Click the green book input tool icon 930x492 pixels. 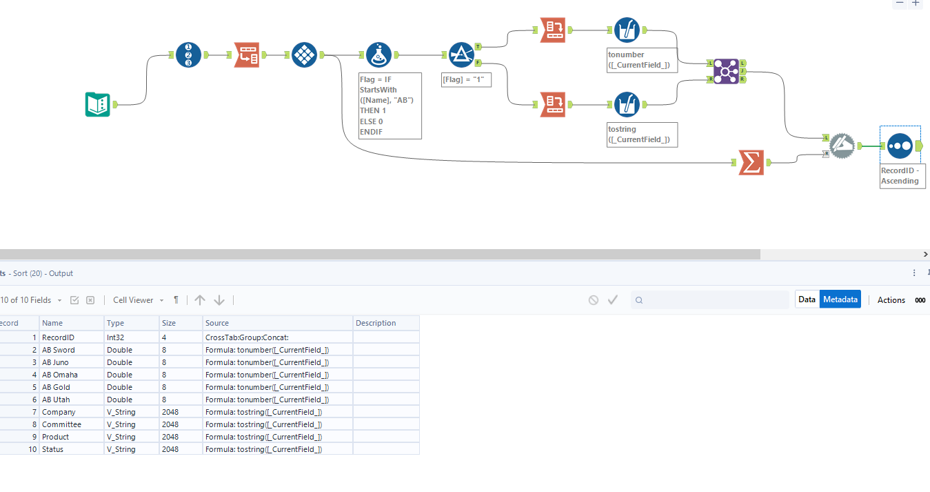coord(98,104)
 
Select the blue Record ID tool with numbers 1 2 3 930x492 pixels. coord(188,55)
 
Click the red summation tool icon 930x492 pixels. coord(751,163)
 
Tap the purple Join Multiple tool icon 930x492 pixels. coord(726,71)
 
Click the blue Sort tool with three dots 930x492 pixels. coord(900,146)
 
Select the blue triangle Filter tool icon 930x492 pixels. coord(461,55)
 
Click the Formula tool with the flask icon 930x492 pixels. coord(378,55)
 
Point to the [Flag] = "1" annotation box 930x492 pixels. coord(466,80)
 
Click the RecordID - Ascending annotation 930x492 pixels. coord(902,176)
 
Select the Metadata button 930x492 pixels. coord(840,299)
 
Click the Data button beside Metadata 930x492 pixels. coord(807,299)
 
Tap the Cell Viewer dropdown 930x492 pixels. coord(138,300)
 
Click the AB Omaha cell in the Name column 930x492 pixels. coord(60,375)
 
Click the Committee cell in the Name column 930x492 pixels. coord(61,424)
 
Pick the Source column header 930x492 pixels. coord(217,323)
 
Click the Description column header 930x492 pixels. coord(376,323)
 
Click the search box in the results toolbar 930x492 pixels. coord(714,300)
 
